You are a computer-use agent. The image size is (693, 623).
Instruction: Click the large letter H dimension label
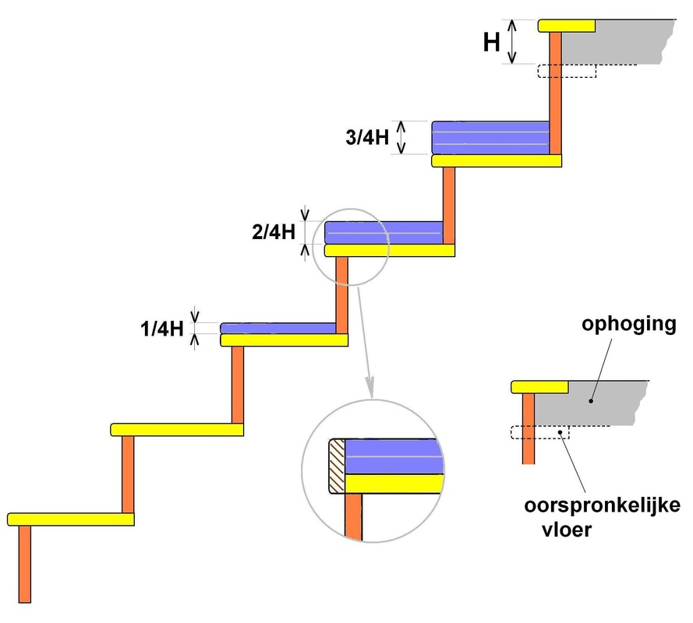coord(491,42)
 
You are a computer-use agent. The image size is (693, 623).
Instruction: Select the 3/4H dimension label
coord(367,137)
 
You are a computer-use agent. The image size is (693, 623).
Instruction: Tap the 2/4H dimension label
coord(274,232)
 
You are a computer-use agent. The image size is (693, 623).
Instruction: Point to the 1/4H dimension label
coord(162,329)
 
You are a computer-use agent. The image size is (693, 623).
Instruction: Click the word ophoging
coord(629,325)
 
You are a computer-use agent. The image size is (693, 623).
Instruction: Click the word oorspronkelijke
coord(602,505)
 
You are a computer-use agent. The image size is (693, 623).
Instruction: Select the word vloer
coord(567,530)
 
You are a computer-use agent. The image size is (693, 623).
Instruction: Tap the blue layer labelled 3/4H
coord(490,138)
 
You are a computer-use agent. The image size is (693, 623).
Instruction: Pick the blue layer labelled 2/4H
coord(384,233)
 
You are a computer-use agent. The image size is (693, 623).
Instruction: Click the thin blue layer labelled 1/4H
coord(278,329)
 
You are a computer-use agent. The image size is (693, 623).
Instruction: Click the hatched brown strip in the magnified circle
coord(337,466)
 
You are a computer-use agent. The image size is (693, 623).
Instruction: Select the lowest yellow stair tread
coord(71,519)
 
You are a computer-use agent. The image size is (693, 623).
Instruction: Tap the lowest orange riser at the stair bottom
coord(25,564)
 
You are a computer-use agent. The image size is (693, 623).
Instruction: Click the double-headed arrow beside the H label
coord(512,42)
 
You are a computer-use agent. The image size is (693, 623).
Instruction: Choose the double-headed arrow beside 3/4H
coord(401,138)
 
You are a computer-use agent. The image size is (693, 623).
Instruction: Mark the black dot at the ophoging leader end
coord(591,401)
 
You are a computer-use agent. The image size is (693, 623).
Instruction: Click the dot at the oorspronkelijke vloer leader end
coord(560,432)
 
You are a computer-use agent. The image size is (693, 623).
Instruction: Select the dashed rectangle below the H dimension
coord(567,71)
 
